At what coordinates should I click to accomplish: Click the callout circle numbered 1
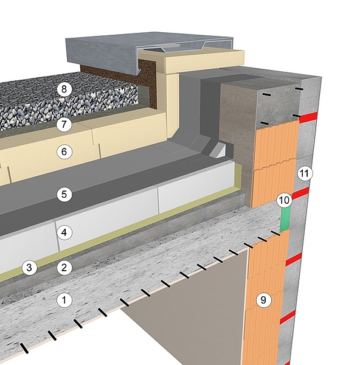coord(64,300)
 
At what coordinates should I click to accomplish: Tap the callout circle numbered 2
coord(64,268)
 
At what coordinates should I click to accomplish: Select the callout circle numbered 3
coord(29,267)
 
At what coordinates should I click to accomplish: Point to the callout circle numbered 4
coord(64,232)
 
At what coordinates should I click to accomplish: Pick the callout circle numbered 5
coord(64,194)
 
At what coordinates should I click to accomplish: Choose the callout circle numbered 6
coord(64,151)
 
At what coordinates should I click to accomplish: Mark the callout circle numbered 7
coord(64,124)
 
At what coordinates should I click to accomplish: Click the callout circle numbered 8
coord(64,89)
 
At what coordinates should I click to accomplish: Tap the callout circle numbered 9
coord(263,300)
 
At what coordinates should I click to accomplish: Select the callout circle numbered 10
coord(284,200)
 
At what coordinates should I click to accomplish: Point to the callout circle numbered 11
coord(305,173)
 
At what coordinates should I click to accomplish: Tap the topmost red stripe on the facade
coord(308,117)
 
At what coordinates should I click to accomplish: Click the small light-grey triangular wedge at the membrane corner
coord(218,150)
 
